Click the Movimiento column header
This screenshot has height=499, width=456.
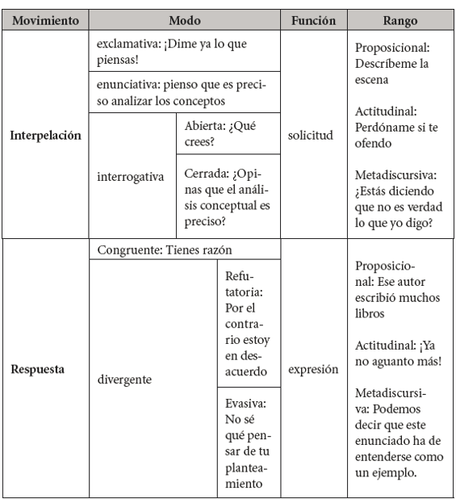(45, 19)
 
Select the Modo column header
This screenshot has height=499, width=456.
(185, 19)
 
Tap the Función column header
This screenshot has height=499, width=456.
(312, 19)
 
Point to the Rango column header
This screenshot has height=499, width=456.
(400, 19)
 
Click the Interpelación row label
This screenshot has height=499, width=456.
(45, 136)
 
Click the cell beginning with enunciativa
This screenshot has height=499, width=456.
(184, 93)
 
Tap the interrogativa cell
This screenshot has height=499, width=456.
(130, 176)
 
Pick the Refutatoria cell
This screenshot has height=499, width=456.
(249, 323)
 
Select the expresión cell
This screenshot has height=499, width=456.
(312, 370)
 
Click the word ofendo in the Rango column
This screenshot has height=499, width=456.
(376, 145)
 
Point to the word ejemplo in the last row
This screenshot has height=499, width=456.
(394, 473)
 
